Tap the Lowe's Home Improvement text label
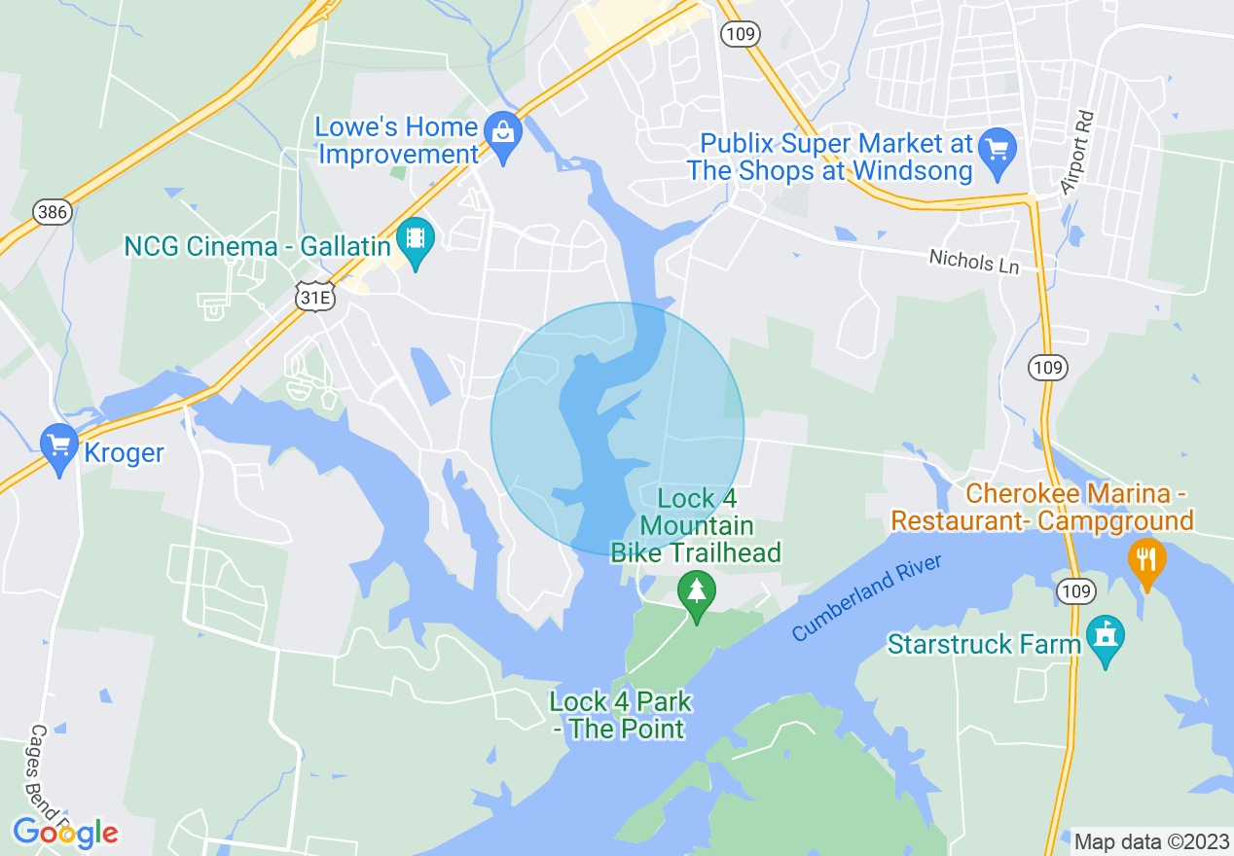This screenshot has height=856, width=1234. pos(397,141)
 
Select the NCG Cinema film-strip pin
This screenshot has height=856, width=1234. pos(417,243)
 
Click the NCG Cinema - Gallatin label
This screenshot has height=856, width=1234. pos(257,246)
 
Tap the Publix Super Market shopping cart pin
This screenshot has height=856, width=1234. pos(998,153)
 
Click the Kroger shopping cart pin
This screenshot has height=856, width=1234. pos(59,448)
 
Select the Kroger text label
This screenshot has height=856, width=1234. pos(125,453)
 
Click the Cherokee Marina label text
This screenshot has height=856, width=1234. pos(1042,508)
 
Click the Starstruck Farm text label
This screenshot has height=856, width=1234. pos(984,644)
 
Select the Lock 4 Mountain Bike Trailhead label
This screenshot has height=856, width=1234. pos(696,526)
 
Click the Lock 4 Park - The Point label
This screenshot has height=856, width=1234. pos(621,715)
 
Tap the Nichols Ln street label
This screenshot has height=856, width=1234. pos(974,261)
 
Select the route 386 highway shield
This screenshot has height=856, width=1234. pos(51,212)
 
